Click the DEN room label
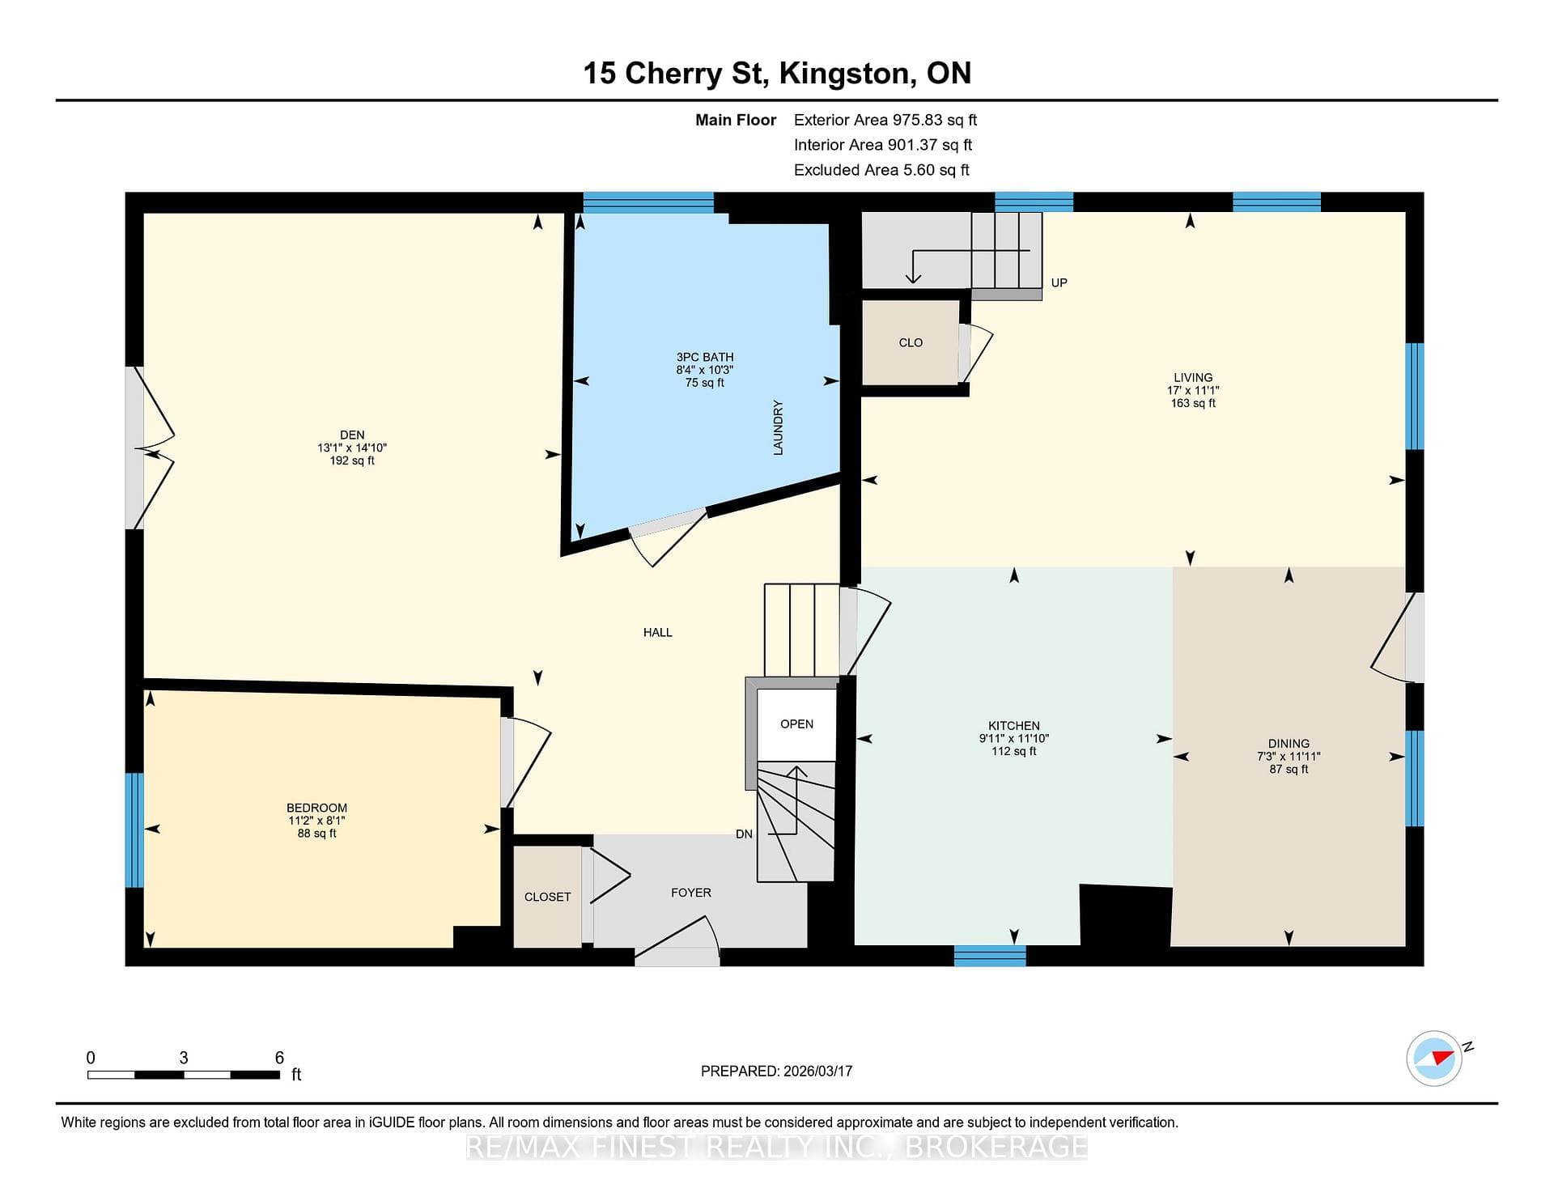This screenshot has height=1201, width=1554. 352,435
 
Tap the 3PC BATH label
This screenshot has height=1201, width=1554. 705,357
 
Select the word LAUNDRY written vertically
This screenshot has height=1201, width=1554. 778,427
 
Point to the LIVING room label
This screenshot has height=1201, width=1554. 1193,377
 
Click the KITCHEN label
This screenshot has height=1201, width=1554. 1014,726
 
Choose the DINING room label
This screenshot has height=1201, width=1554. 1289,744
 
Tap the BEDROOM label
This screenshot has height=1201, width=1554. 316,808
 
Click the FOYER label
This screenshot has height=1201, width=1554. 691,893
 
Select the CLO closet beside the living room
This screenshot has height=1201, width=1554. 911,342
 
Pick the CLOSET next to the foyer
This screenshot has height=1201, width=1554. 548,897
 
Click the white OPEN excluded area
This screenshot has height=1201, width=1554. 796,724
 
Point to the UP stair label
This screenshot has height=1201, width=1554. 1059,282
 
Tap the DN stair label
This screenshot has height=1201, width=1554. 744,834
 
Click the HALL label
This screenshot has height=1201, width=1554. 658,632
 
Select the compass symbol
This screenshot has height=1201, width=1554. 1435,1058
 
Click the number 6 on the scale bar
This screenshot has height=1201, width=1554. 279,1058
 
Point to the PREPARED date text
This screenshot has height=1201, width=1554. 776,1071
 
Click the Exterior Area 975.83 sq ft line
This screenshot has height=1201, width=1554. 885,120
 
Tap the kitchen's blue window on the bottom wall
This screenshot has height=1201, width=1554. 990,956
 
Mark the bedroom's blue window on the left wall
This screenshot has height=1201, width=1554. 134,830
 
